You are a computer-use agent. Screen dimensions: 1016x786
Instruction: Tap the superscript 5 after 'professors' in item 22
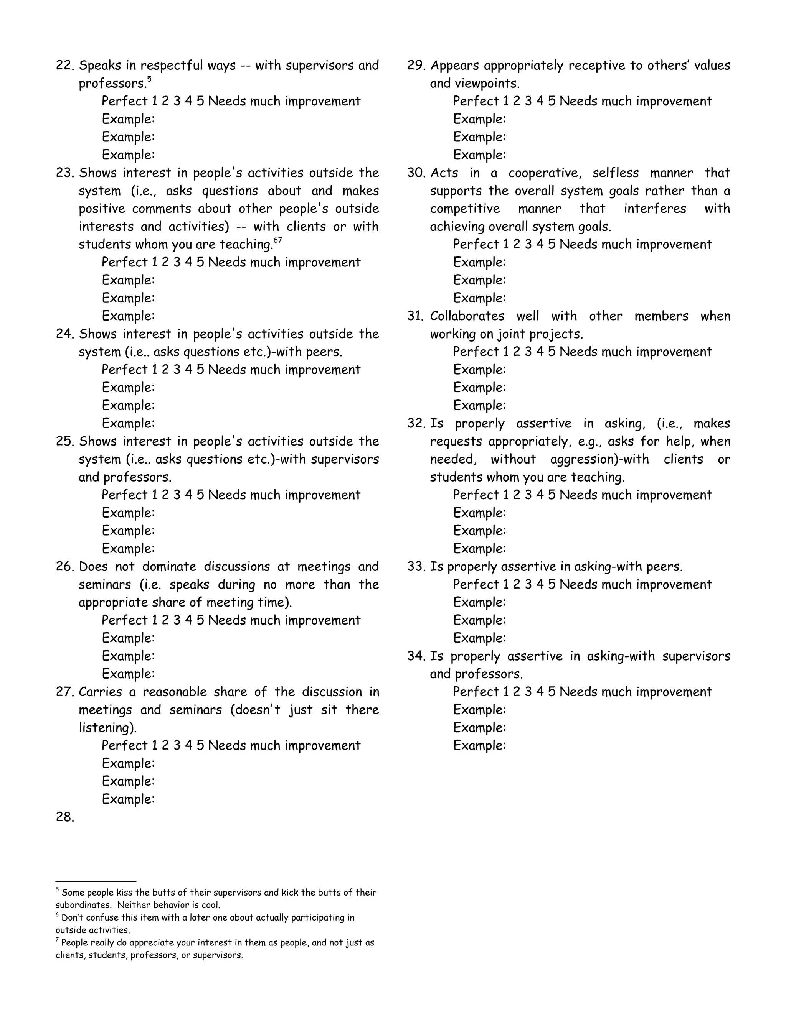[x=149, y=79]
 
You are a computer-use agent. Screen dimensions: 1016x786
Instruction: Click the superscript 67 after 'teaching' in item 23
[x=277, y=240]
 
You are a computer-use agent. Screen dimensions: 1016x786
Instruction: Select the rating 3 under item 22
[x=177, y=102]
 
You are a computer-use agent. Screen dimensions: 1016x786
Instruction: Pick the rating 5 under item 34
[x=552, y=692]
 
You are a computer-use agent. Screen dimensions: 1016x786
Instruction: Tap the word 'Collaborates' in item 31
[x=467, y=316]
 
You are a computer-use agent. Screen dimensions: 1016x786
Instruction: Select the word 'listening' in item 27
[x=106, y=728]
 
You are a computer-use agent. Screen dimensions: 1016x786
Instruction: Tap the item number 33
[x=415, y=567]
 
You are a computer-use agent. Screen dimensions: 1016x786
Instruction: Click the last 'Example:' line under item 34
[x=479, y=745]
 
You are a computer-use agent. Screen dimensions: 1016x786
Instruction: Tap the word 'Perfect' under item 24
[x=124, y=370]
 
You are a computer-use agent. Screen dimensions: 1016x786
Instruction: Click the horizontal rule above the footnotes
[x=96, y=881]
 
